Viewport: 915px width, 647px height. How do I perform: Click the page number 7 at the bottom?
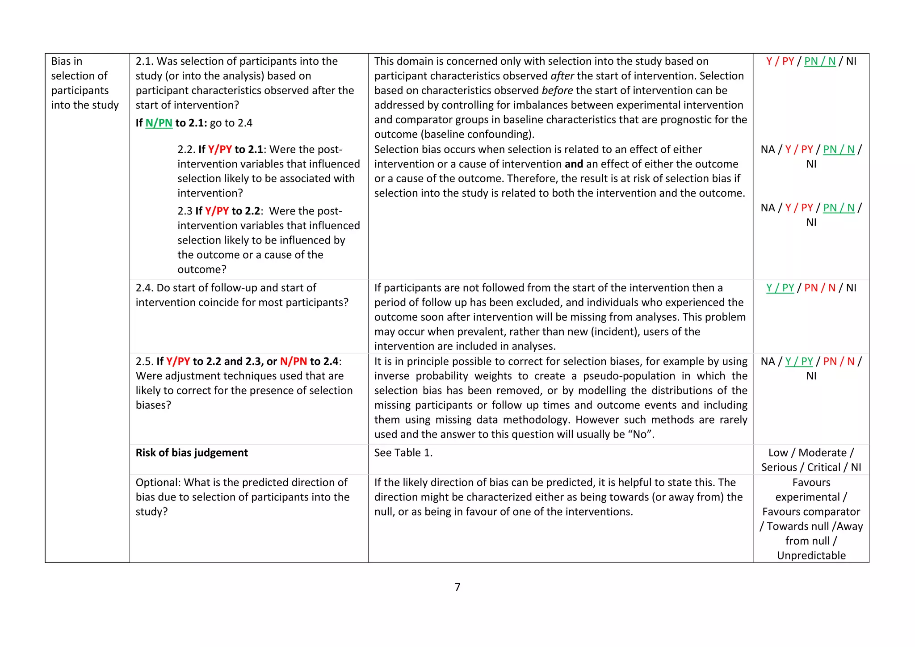point(457,587)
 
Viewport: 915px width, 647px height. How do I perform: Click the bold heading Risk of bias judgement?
point(192,453)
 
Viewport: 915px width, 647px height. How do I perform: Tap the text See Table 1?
point(403,453)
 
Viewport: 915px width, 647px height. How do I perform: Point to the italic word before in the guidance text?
point(557,91)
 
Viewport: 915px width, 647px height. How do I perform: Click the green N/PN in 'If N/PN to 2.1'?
point(159,123)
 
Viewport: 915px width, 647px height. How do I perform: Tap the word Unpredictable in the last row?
point(811,555)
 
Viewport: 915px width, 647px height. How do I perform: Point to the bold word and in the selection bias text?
point(574,164)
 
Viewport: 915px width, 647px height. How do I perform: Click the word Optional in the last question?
point(158,483)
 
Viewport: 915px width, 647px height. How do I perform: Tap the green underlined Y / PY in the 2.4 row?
point(780,288)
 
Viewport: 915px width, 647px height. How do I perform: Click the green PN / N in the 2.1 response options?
point(820,61)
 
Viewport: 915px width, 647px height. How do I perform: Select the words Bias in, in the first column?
point(67,61)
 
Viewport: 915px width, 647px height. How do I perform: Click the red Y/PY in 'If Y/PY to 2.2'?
point(217,211)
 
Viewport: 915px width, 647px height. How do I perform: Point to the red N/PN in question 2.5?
point(294,361)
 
